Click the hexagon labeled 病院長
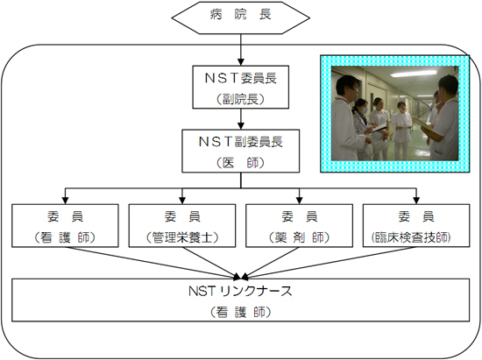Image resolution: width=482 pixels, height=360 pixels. coord(240,18)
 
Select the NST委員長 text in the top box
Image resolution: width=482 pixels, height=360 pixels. coord(241,78)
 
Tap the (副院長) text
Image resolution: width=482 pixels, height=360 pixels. coord(241,99)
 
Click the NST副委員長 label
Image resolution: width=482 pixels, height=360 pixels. coord(241,142)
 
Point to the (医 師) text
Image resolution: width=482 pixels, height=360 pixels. coord(241,163)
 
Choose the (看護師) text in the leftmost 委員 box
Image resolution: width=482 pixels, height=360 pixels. coord(65,237)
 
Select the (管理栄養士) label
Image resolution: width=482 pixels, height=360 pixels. coord(182,237)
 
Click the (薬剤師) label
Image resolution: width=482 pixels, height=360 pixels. coord(300,237)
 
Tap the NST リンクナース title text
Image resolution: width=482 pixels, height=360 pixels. coord(240,291)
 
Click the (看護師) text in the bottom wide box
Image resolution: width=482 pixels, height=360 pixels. coord(241,312)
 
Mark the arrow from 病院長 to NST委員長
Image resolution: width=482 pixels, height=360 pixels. coord(241,49)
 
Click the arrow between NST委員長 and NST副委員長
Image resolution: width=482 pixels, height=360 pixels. coord(241,119)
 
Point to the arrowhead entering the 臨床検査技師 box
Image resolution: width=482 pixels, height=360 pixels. coord(416,201)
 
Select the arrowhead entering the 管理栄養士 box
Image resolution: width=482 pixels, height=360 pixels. coord(182,201)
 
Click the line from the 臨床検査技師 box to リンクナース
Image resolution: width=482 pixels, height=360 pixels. coord(330,264)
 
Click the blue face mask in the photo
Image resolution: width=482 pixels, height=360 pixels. coord(364,109)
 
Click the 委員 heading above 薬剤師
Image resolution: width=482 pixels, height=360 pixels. coord(300,216)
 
